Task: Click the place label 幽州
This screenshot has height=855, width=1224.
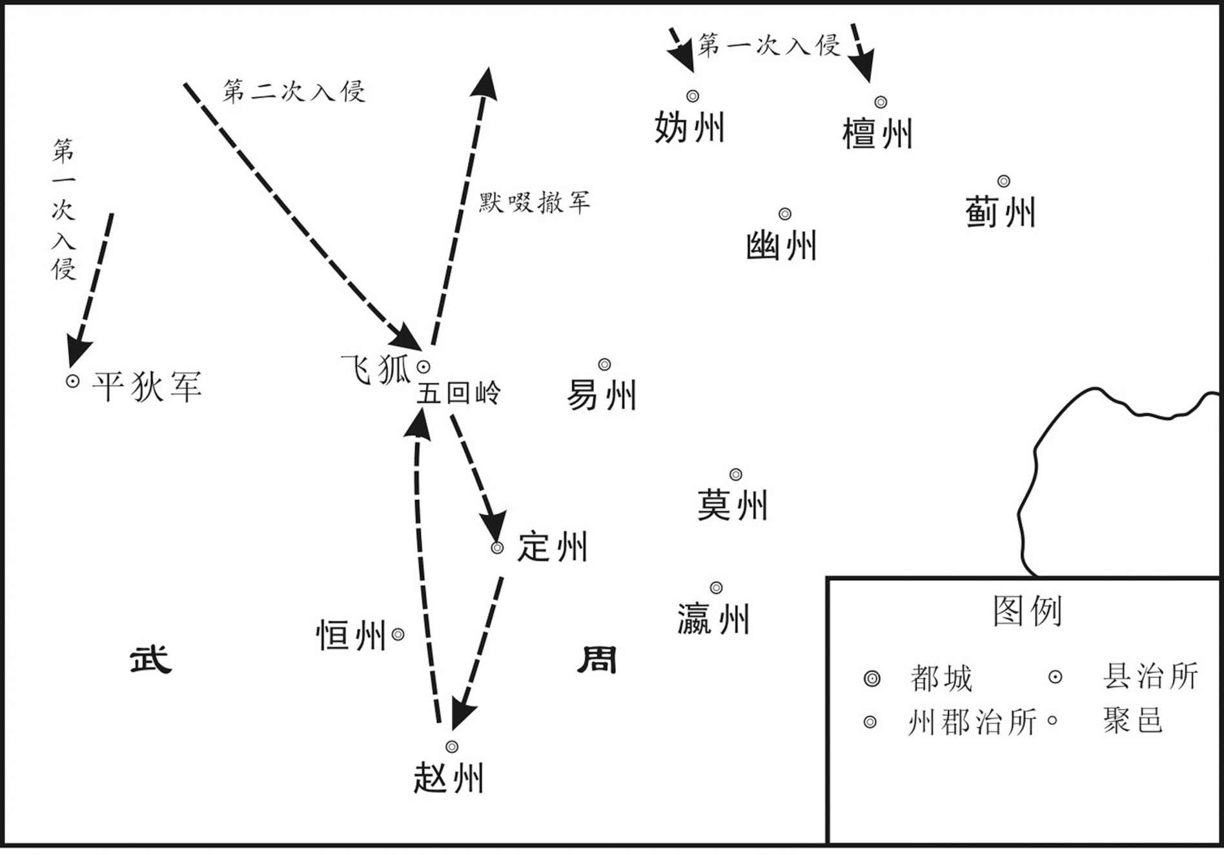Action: pos(781,246)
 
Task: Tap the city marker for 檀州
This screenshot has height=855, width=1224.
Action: pos(881,102)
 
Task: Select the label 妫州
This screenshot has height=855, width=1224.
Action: pos(689,127)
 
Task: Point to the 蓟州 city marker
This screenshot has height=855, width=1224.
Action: pos(1003,181)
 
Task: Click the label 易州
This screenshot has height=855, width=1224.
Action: pos(602,395)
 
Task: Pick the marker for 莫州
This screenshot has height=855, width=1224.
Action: pos(735,475)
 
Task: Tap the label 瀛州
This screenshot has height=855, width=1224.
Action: pos(713,619)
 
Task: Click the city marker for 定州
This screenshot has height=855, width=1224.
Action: pos(497,548)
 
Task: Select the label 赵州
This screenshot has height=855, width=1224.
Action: pos(449,778)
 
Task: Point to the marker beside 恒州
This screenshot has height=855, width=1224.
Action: pos(398,635)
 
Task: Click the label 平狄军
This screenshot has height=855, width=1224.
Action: pos(147,386)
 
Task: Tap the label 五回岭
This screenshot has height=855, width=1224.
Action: pos(458,393)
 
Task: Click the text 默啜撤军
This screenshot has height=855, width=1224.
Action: pos(535,203)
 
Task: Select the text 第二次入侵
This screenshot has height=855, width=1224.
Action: pos(294,91)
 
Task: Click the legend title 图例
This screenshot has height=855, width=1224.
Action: pos(1027,610)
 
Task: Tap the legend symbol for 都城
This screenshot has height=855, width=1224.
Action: pos(872,679)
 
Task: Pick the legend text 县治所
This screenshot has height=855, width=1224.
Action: pos(1151,676)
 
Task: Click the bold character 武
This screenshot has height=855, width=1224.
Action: pos(151,659)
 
